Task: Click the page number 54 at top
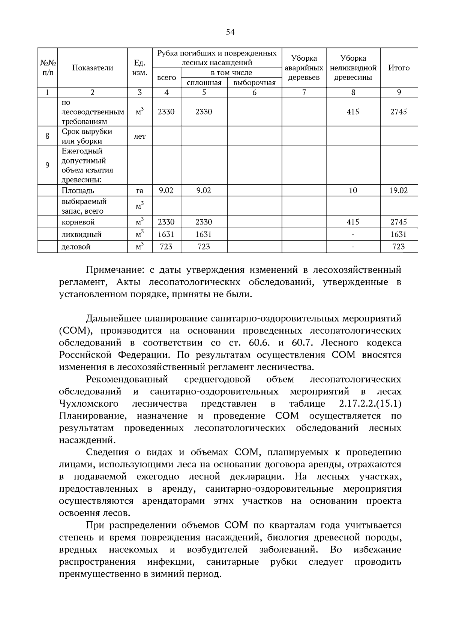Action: pyautogui.click(x=230, y=32)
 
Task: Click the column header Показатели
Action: pyautogui.click(x=93, y=68)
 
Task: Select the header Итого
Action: pyautogui.click(x=399, y=68)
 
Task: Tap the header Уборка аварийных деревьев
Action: pyautogui.click(x=304, y=68)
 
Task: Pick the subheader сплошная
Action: pyautogui.click(x=204, y=83)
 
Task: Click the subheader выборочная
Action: pyautogui.click(x=254, y=83)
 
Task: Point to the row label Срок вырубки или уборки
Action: pyautogui.click(x=87, y=136)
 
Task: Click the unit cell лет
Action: pyautogui.click(x=139, y=136)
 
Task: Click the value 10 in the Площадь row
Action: pyautogui.click(x=353, y=190)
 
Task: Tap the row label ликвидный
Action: pyautogui.click(x=81, y=235)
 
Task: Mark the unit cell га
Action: pyautogui.click(x=139, y=191)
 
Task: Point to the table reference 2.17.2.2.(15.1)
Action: pyautogui.click(x=367, y=404)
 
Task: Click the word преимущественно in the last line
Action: pyautogui.click(x=100, y=574)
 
